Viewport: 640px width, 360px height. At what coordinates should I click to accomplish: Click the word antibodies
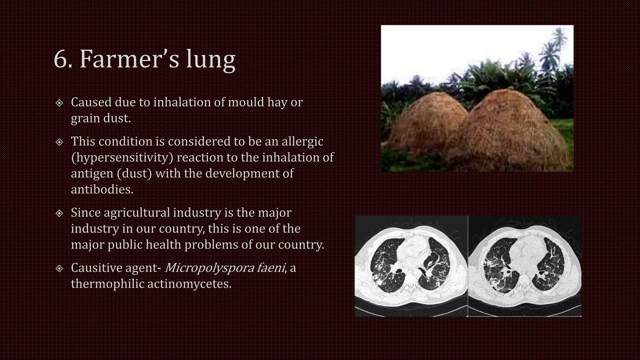click(102, 189)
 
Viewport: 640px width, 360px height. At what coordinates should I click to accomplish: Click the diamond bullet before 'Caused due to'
click(59, 103)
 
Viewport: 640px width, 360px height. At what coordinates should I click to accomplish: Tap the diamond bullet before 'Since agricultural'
click(59, 213)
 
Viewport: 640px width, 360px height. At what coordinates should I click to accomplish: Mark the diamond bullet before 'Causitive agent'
click(59, 268)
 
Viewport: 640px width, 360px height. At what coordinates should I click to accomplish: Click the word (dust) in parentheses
click(134, 173)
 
